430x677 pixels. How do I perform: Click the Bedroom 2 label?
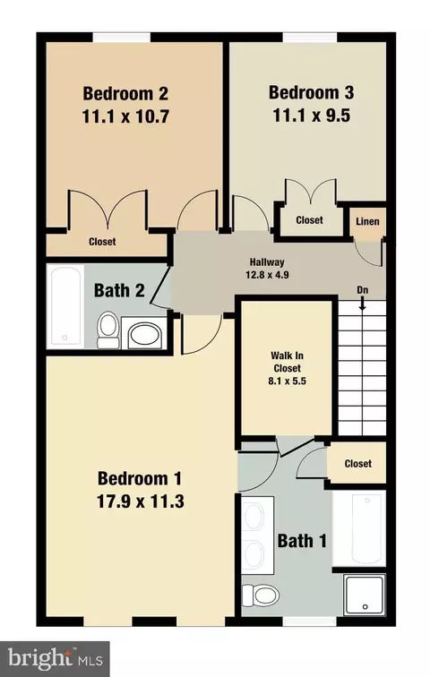(x=125, y=93)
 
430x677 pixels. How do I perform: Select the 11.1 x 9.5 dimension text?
(x=311, y=116)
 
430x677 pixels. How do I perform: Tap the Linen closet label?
(x=367, y=221)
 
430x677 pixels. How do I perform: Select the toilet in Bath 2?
(x=107, y=330)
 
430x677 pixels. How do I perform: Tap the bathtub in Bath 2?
(x=65, y=306)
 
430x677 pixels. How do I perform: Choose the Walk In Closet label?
(x=287, y=362)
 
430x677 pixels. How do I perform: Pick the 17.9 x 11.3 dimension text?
(x=141, y=501)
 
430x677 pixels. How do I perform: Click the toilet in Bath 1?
(x=261, y=595)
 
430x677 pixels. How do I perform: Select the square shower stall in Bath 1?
(x=365, y=595)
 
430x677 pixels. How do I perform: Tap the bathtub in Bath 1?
(x=359, y=528)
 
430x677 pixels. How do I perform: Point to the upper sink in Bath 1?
(x=254, y=517)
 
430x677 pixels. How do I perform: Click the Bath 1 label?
(x=302, y=541)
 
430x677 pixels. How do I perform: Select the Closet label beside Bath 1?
(x=358, y=464)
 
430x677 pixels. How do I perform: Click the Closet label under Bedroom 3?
(x=309, y=220)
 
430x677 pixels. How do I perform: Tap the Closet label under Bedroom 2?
(x=102, y=242)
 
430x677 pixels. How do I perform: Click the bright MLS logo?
(x=55, y=659)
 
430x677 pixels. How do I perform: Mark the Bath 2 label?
(x=119, y=290)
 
